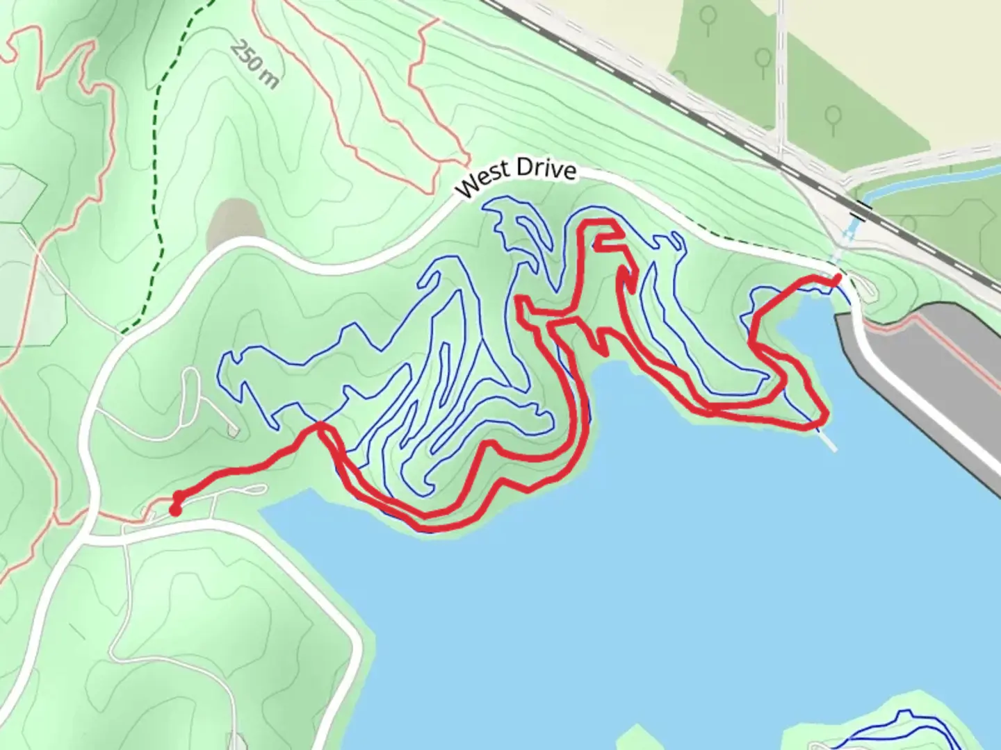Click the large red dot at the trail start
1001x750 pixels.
tap(175, 510)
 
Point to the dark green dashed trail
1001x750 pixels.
tap(158, 174)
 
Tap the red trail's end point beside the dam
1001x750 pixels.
tap(837, 278)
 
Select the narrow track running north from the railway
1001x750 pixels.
tap(781, 69)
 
